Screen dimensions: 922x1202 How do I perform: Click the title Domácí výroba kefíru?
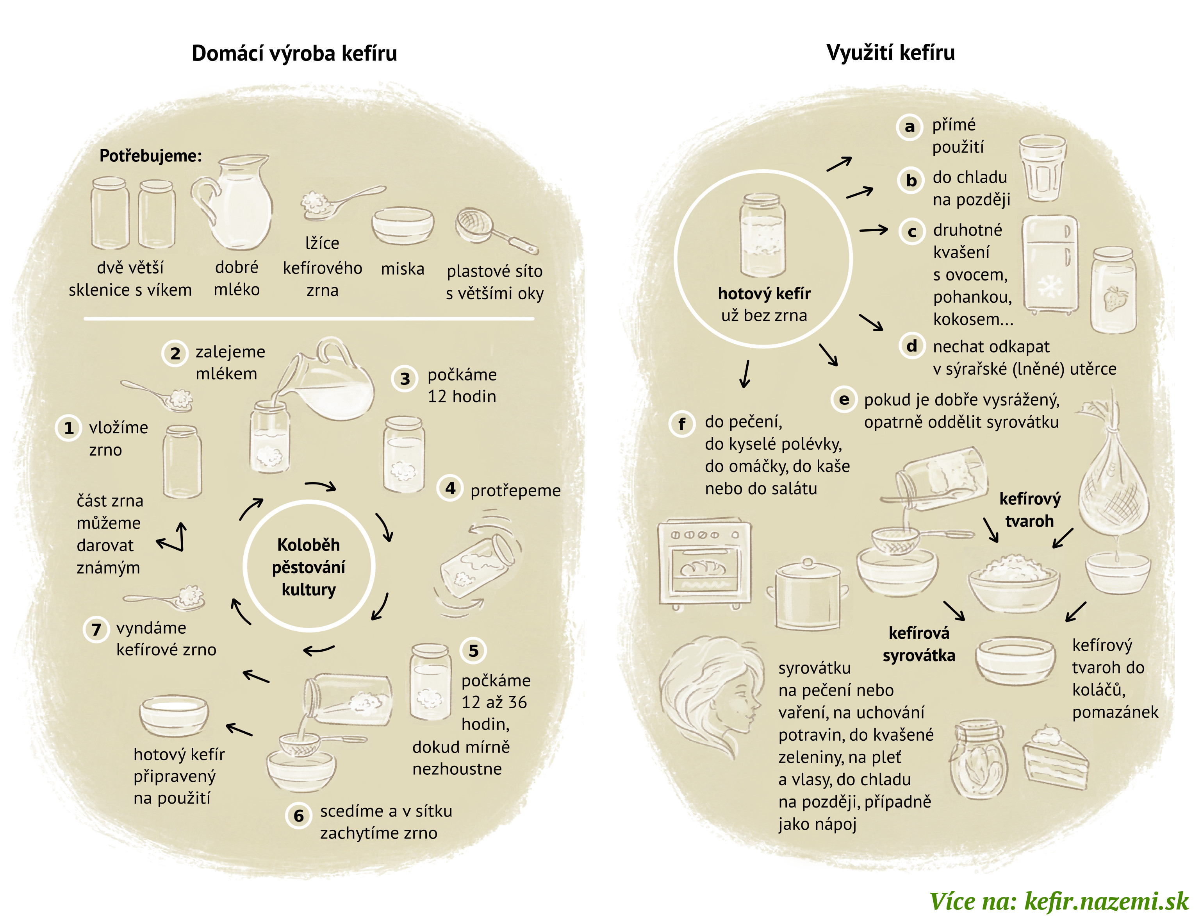294,53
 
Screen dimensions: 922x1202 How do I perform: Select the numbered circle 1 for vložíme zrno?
69,428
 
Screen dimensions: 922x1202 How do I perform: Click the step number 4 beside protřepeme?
450,488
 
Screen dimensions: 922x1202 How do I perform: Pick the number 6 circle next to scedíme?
298,815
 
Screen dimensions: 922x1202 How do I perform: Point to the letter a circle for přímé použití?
910,127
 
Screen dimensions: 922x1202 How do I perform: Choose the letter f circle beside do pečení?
681,423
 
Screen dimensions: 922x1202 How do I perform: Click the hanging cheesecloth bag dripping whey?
1113,483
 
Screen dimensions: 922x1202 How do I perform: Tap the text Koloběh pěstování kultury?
309,567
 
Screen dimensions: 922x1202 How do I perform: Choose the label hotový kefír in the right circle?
764,294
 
